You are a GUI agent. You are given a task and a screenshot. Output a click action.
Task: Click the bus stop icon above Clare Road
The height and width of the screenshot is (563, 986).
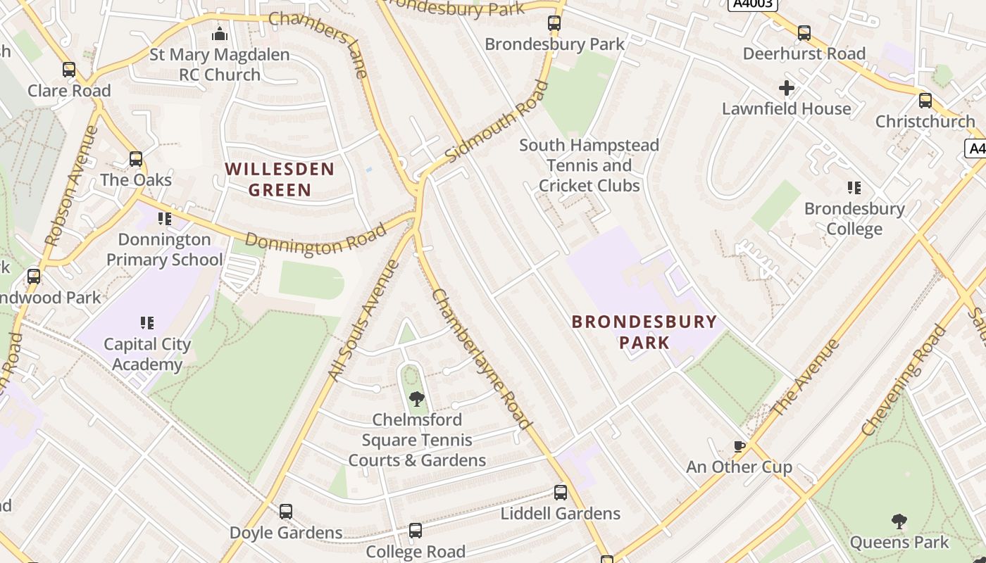69,70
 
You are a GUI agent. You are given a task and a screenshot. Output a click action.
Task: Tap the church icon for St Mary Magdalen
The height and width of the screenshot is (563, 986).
220,34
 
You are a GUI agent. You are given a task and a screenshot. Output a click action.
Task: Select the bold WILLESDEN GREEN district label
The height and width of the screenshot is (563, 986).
280,179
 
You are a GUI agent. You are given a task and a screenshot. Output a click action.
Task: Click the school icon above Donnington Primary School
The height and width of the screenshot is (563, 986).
165,219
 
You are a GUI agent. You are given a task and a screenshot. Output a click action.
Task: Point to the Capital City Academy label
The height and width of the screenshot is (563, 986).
147,354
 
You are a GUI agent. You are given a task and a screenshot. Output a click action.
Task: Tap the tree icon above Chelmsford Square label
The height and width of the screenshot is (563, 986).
417,399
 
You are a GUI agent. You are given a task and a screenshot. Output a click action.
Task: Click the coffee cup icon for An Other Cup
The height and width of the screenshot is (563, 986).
739,446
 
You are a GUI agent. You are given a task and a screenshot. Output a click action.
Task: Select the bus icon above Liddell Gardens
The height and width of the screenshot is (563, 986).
561,493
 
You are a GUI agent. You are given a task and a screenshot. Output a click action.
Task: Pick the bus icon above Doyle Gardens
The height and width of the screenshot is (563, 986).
286,512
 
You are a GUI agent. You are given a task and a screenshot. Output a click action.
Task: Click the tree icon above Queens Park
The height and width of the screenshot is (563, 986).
899,521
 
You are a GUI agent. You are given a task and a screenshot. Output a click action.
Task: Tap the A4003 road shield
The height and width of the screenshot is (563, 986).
752,4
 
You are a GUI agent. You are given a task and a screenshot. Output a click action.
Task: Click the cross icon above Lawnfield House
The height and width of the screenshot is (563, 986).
787,88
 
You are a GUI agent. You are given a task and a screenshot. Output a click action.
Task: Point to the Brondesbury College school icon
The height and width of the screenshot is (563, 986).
854,188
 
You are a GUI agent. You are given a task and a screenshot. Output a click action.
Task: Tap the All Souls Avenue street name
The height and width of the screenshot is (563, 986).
365,321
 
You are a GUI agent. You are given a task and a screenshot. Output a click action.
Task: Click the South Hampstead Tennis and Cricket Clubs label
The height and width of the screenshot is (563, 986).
589,165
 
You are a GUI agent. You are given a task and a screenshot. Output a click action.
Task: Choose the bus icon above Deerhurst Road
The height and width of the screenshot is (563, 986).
804,33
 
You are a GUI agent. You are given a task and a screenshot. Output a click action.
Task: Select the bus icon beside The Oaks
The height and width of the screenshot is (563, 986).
136,159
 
